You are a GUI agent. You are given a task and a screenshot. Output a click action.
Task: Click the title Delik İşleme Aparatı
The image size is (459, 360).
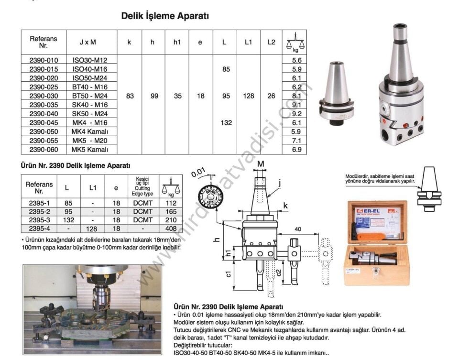click(x=165, y=16)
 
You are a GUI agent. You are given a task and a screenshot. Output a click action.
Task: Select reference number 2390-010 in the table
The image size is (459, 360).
click(x=44, y=60)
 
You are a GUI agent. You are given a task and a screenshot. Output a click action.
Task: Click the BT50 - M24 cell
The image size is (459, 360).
click(x=90, y=96)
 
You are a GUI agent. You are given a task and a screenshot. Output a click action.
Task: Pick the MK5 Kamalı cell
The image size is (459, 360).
click(x=90, y=150)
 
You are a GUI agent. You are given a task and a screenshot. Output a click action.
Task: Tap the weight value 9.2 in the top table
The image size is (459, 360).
click(x=296, y=114)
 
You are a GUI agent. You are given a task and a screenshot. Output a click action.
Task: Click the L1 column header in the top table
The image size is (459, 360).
click(x=248, y=42)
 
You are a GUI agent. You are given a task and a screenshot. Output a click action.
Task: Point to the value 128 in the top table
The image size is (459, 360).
click(x=248, y=96)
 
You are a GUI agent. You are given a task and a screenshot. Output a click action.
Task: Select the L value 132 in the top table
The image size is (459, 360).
click(x=226, y=123)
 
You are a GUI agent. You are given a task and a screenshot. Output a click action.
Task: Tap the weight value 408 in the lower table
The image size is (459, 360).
click(x=171, y=229)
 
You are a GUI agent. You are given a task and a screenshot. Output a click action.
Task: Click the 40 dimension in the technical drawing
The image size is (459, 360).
click(x=298, y=229)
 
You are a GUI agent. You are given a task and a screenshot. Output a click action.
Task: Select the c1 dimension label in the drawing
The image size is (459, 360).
click(x=229, y=274)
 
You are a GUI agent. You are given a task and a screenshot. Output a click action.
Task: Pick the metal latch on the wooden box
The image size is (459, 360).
click(x=376, y=274)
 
